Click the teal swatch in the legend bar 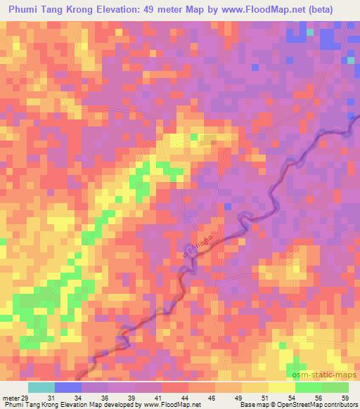(41, 387)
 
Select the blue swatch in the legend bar (68, 387)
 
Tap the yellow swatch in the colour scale (281, 387)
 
